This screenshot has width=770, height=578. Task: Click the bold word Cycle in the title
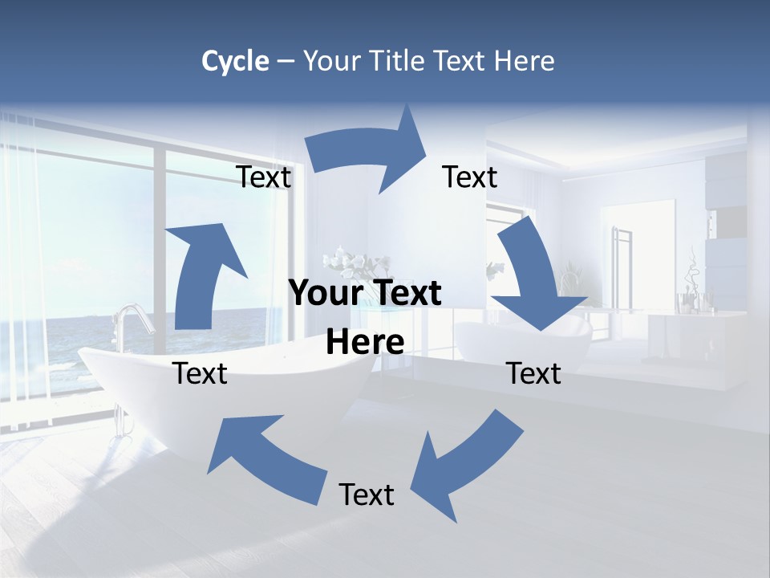point(235,61)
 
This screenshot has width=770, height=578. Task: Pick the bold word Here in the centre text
point(365,343)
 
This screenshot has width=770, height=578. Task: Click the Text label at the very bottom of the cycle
point(367,495)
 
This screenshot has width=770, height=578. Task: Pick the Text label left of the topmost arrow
point(264,177)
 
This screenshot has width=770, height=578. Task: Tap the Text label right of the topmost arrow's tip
point(470,177)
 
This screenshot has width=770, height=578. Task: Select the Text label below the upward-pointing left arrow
point(201,373)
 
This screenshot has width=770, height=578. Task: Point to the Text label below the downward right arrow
point(534,373)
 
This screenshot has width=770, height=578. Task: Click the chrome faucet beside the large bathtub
point(132,321)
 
